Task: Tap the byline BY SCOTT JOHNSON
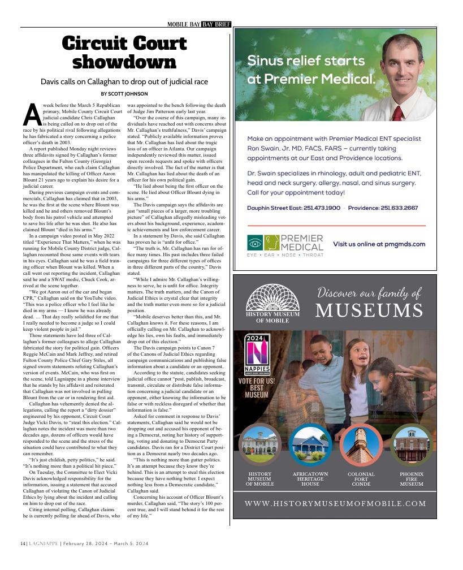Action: [124, 94]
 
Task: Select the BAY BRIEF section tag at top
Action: [216, 24]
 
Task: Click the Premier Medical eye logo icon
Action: [254, 243]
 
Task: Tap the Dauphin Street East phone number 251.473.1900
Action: [317, 208]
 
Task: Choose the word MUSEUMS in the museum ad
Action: [369, 310]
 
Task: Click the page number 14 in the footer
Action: [23, 543]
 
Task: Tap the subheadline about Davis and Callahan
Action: [124, 82]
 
